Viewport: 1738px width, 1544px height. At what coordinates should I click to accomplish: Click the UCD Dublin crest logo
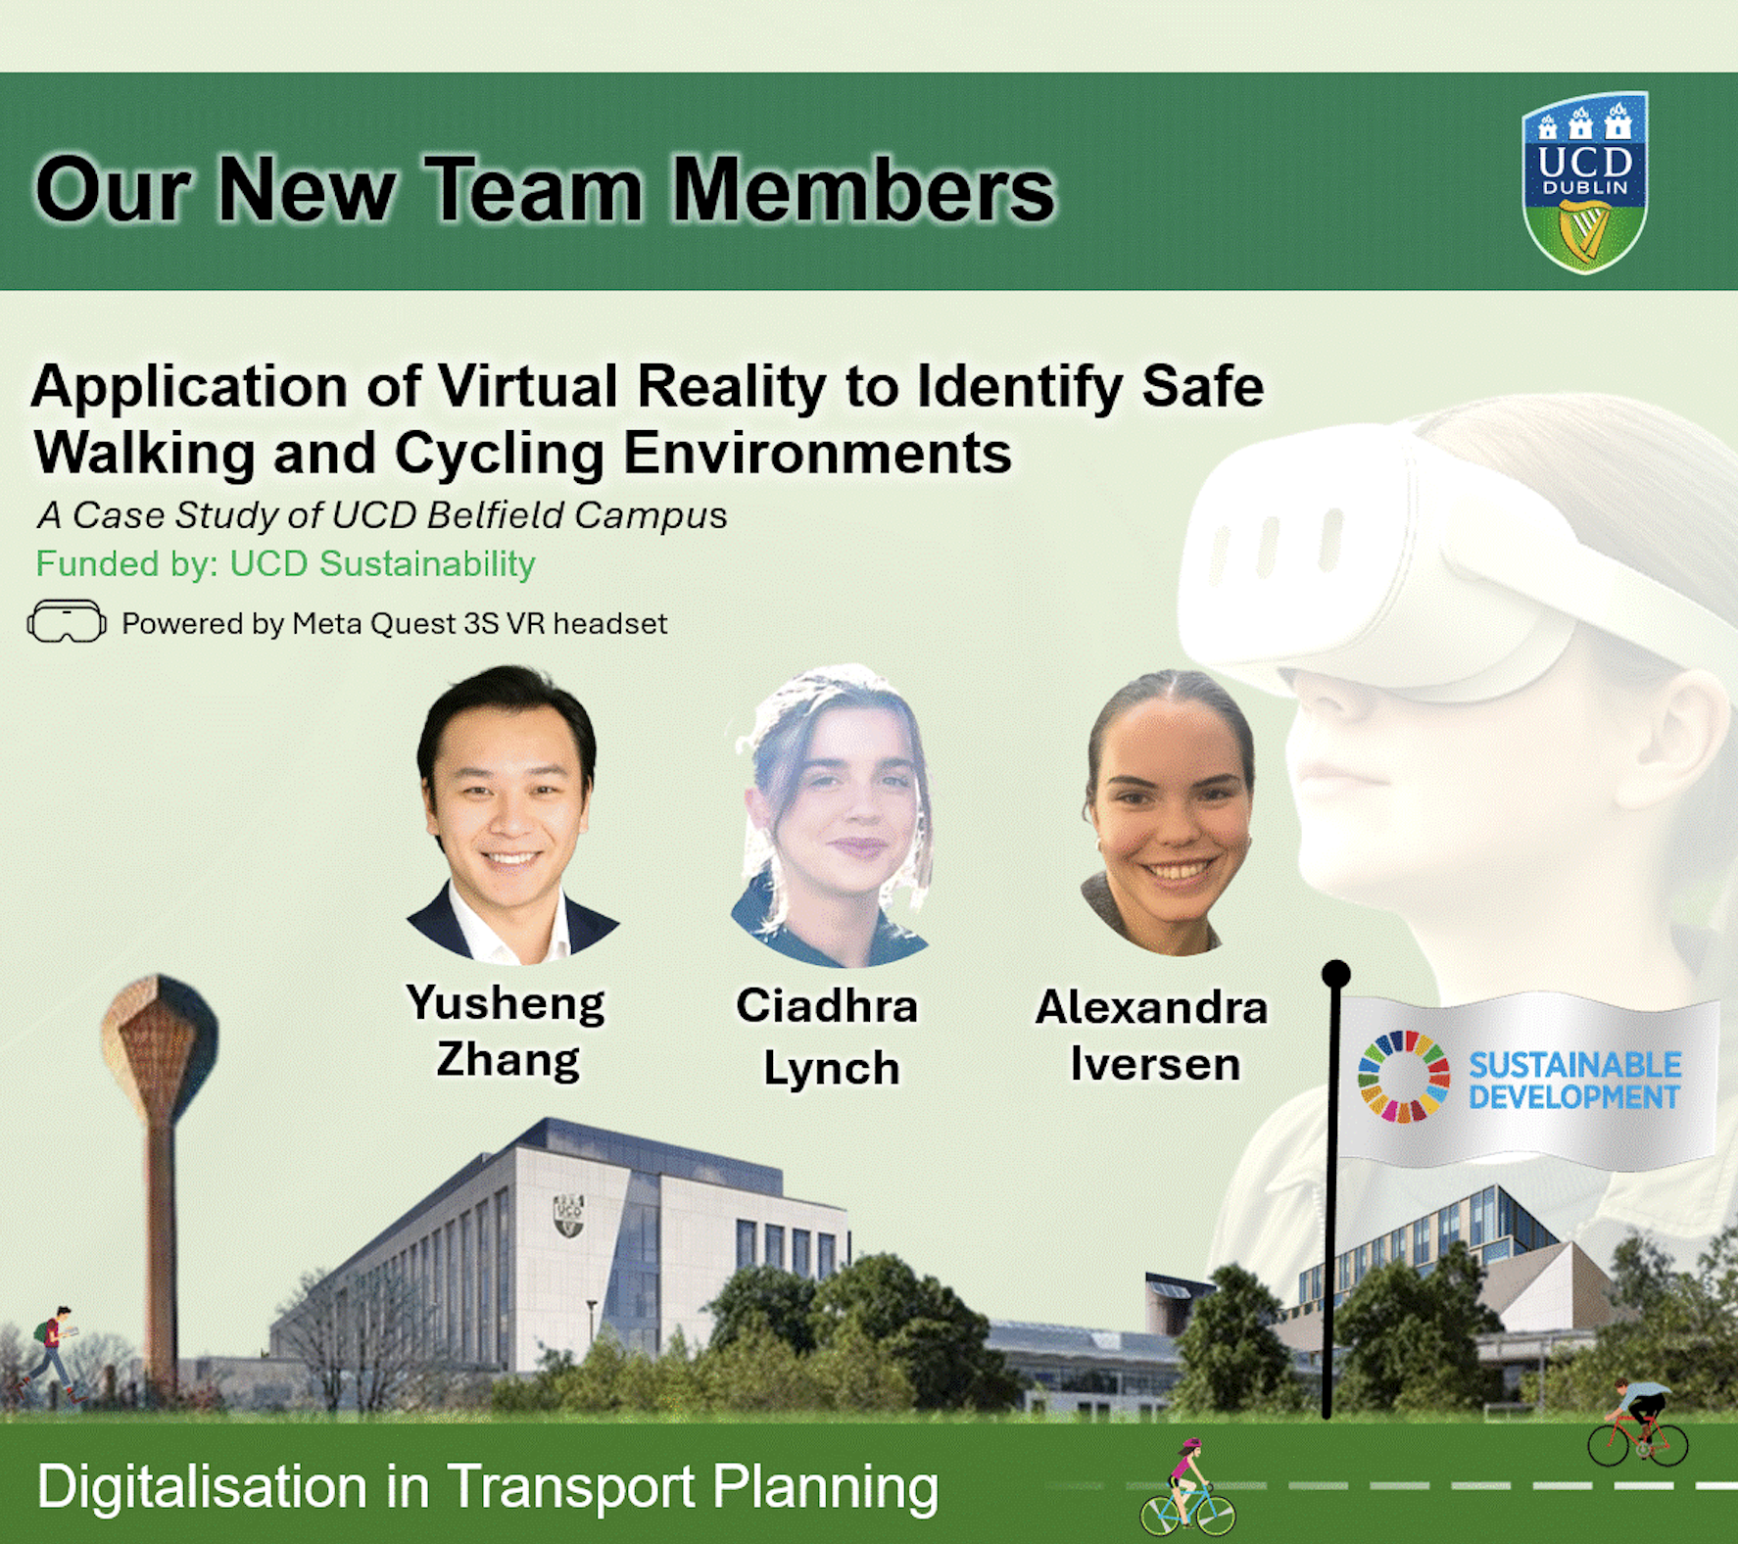pos(1585,182)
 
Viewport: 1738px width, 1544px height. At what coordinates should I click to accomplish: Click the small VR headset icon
pos(67,621)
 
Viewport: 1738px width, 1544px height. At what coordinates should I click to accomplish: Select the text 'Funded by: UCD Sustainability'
pos(285,564)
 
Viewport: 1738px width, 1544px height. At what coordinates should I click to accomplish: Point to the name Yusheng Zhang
pos(507,1031)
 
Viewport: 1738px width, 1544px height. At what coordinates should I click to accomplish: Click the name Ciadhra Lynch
pos(828,1036)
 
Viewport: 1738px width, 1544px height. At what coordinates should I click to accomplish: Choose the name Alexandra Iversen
pos(1152,1036)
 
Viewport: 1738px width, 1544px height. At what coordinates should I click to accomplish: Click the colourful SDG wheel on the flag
pos(1404,1076)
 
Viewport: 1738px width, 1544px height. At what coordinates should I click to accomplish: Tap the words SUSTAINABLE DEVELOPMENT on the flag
pos(1574,1080)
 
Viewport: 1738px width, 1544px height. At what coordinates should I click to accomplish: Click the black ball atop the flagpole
pos(1336,974)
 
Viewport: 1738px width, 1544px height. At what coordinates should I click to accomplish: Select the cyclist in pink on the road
pos(1187,1487)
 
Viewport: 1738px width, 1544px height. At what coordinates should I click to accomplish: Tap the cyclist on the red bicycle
pos(1637,1423)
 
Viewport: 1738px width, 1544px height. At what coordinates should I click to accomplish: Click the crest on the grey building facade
pos(569,1215)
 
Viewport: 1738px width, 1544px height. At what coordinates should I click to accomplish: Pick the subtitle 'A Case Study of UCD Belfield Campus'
pos(382,515)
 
